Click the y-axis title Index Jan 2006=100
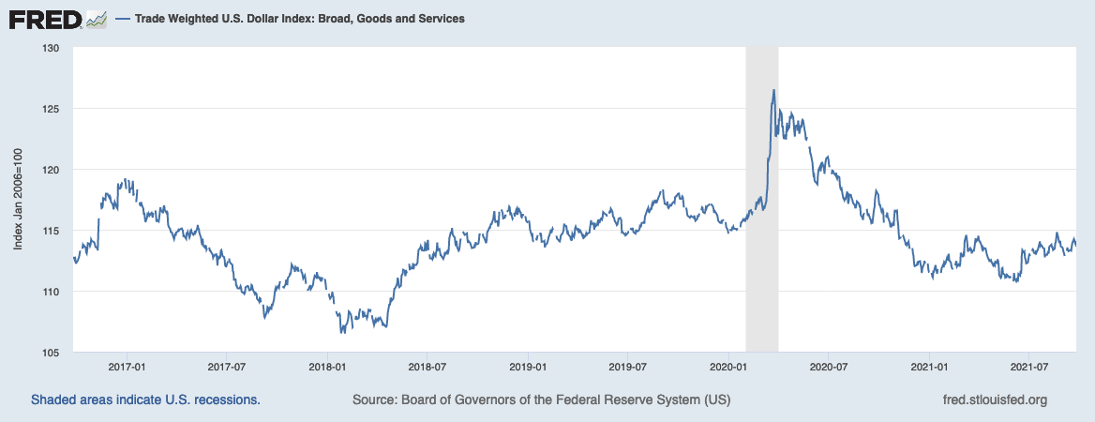[19, 200]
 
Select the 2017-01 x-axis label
[127, 367]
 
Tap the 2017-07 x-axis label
[226, 367]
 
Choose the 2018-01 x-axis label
[327, 367]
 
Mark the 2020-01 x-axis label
[729, 367]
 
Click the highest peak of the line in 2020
[773, 90]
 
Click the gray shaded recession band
[762, 234]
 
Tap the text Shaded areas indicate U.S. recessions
[145, 400]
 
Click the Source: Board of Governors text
[541, 400]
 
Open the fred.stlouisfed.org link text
[994, 400]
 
